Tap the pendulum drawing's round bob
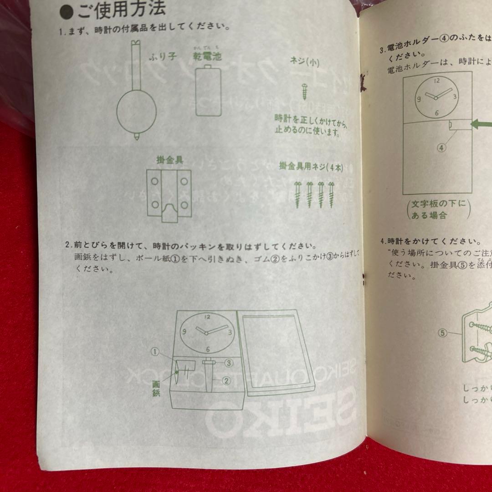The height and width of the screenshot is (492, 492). tap(136, 112)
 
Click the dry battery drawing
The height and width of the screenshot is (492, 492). tap(208, 91)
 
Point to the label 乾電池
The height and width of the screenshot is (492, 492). tap(208, 57)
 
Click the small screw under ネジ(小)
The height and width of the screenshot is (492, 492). tap(304, 91)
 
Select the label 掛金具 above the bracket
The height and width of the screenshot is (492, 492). tap(169, 160)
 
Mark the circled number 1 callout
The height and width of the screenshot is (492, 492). tap(155, 352)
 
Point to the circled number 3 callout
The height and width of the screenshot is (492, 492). tap(229, 363)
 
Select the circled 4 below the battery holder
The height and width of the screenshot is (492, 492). tap(442, 147)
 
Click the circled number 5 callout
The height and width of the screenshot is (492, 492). tap(442, 333)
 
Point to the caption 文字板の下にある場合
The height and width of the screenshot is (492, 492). tap(437, 209)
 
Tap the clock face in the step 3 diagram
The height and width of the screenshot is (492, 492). tap(436, 96)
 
